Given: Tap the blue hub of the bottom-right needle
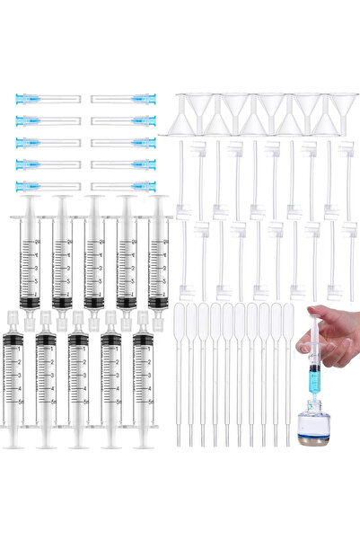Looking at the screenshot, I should (x=143, y=187).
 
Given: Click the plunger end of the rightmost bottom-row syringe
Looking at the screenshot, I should (x=144, y=445).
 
